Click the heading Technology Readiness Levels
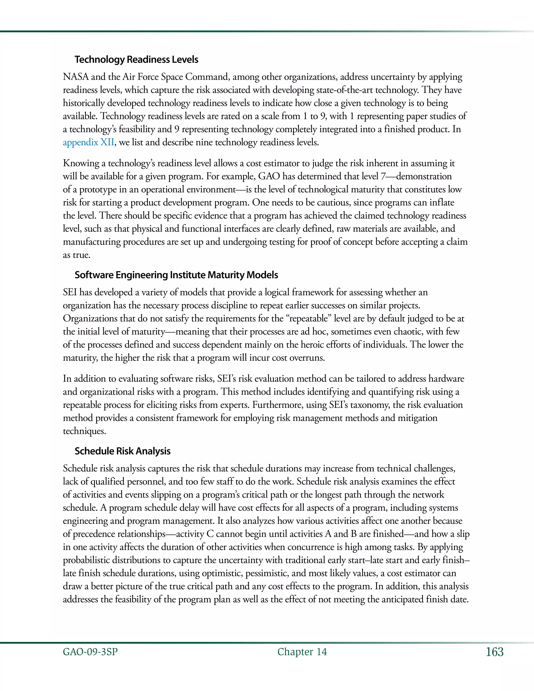pos(136,59)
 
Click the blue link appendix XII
pos(88,142)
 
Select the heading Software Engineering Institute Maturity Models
pos(176,275)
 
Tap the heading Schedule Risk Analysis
pos(123,451)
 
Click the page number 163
pos(494,652)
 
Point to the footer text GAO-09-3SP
pos(90,652)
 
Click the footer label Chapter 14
pos(302,652)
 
